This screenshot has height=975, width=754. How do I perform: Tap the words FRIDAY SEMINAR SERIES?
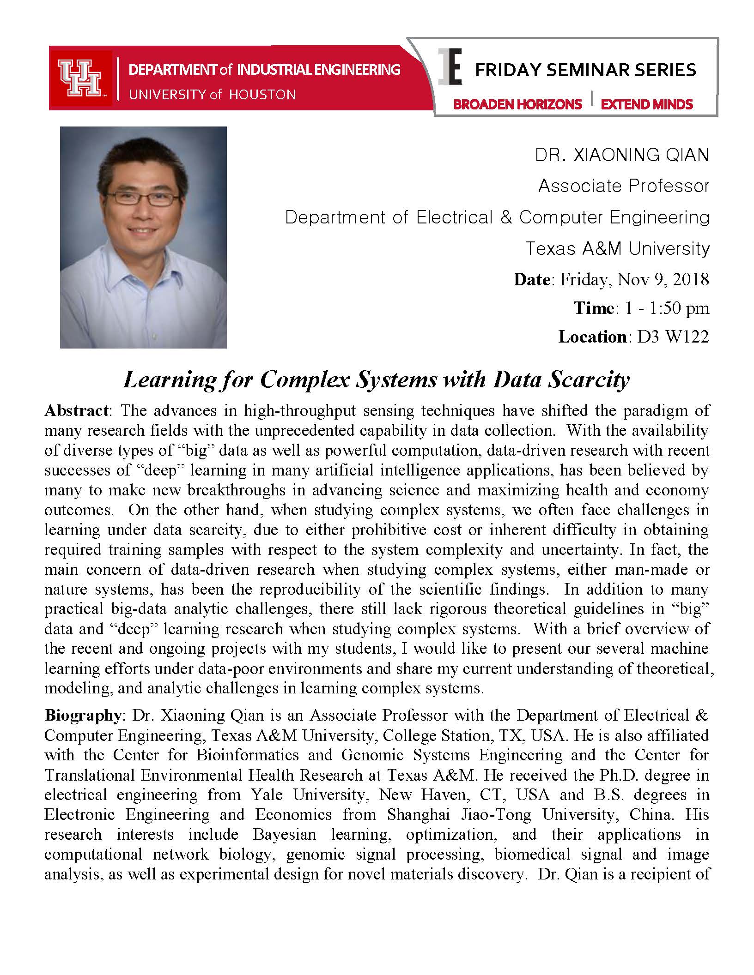(585, 70)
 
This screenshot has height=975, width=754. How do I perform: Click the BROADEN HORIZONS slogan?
(517, 104)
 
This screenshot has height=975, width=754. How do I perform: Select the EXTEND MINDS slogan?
(647, 104)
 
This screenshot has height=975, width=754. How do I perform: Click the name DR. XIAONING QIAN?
(622, 155)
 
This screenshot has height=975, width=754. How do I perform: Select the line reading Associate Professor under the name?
(624, 186)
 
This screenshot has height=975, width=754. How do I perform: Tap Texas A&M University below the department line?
(617, 249)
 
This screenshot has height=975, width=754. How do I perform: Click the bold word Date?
(532, 280)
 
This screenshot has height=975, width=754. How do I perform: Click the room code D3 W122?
(673, 337)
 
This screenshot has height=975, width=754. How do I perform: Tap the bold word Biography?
(83, 716)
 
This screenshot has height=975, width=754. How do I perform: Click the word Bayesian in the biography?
(285, 835)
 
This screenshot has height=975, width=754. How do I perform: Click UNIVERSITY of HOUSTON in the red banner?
(212, 95)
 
